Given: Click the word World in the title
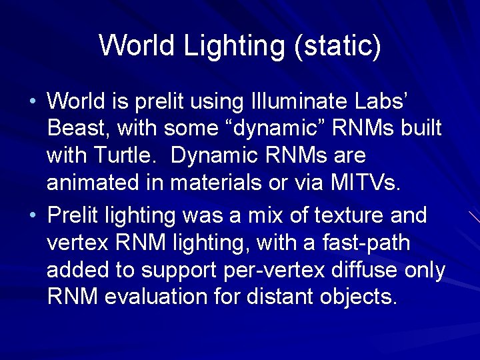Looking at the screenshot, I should coord(137,45).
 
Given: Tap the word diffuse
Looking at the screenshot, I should coord(351,270).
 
